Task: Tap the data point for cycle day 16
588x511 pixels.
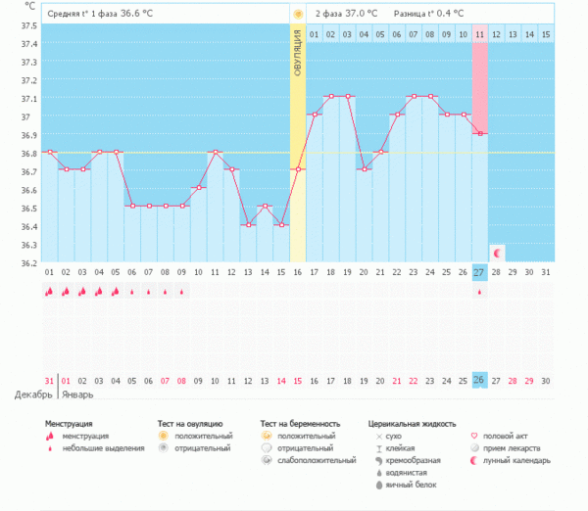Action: (x=298, y=169)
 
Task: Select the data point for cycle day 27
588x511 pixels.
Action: (x=479, y=133)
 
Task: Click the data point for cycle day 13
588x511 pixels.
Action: (x=248, y=224)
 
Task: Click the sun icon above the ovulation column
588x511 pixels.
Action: (x=298, y=14)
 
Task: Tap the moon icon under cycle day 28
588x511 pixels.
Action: (x=497, y=254)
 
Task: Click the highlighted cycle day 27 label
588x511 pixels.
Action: (x=479, y=271)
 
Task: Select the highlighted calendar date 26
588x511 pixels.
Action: (x=479, y=380)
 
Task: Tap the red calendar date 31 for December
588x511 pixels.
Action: (x=49, y=380)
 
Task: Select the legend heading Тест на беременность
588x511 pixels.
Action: (x=305, y=424)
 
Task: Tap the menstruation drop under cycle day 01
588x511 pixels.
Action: (x=49, y=292)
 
